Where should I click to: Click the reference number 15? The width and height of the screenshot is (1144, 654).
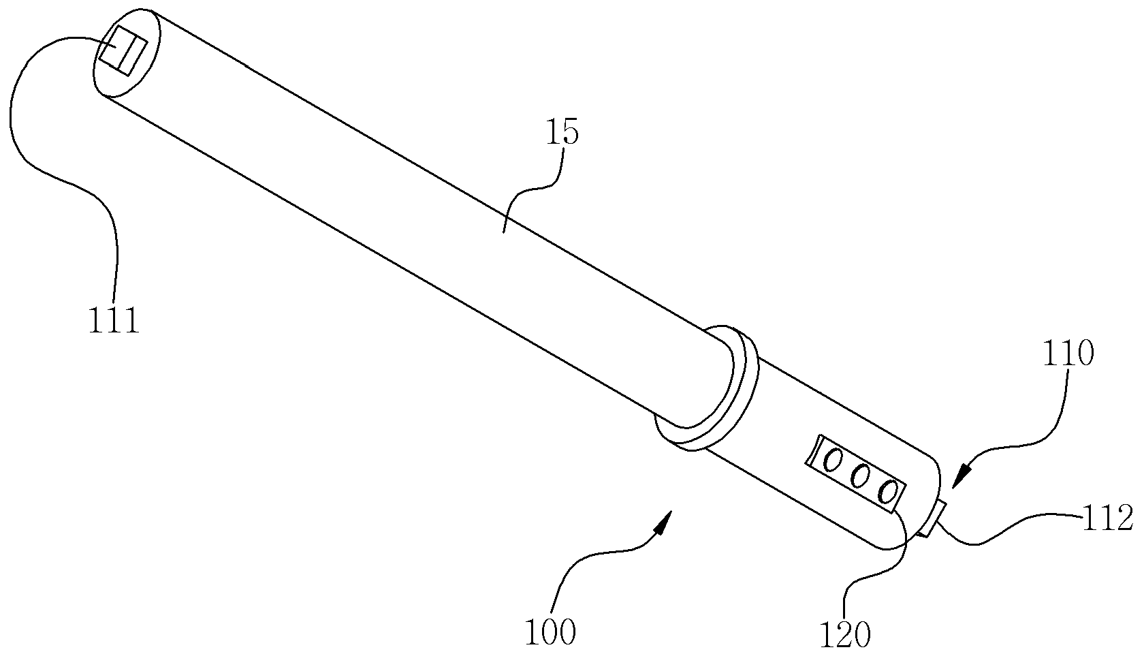(x=563, y=132)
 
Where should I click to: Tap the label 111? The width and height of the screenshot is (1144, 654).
(x=114, y=320)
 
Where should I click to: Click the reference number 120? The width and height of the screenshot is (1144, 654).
(x=845, y=635)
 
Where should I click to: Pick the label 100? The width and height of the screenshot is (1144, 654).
(x=550, y=632)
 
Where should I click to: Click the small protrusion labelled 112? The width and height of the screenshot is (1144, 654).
(x=933, y=520)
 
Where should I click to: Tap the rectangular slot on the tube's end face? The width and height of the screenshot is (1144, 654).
(x=123, y=50)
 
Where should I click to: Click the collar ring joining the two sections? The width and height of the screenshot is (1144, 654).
(x=705, y=388)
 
